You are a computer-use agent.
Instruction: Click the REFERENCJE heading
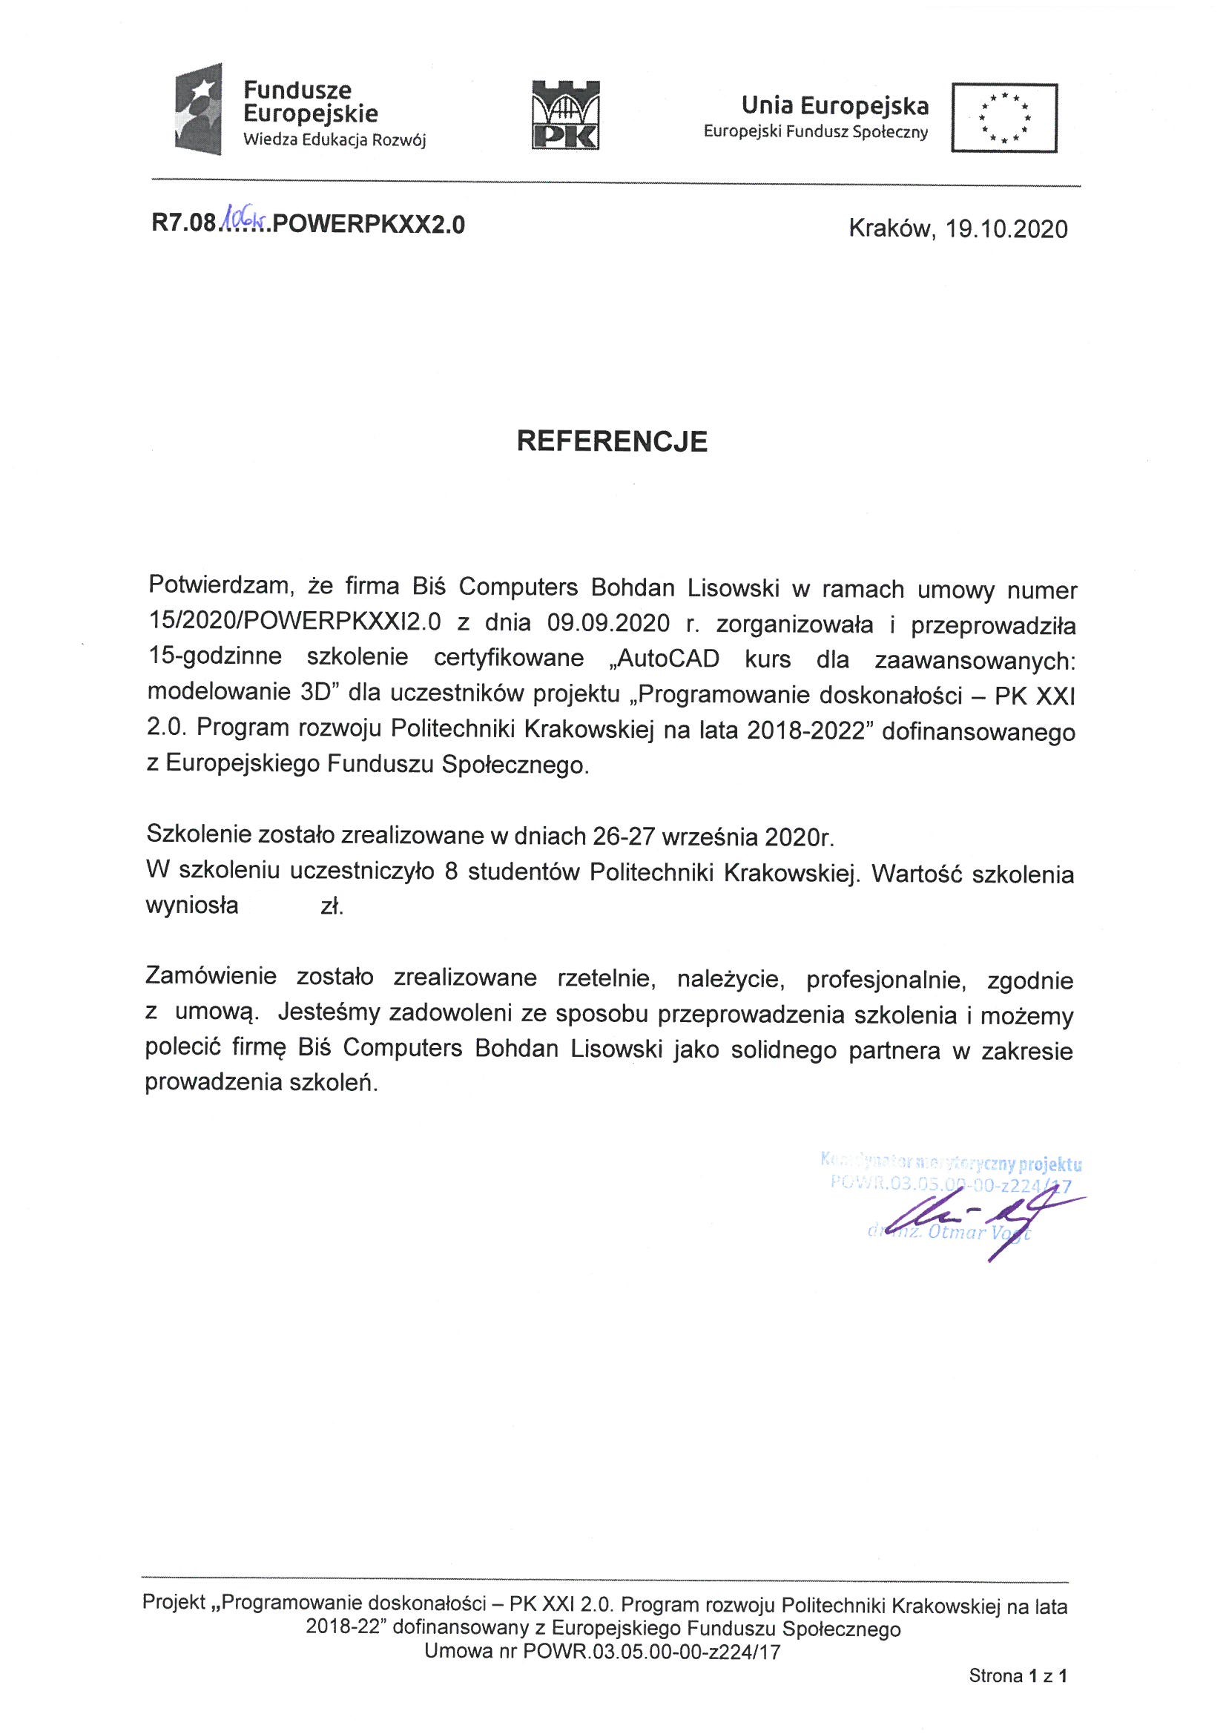coord(612,441)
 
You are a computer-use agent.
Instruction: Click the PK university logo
coord(565,114)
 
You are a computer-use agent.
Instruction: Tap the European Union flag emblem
coord(1004,118)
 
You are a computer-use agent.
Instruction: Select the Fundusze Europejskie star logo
coord(199,110)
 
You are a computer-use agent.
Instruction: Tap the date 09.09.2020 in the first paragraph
coord(608,623)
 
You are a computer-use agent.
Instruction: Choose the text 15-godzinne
coord(214,657)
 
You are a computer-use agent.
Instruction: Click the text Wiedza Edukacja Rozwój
coord(334,140)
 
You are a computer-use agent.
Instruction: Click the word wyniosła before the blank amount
coord(192,906)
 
